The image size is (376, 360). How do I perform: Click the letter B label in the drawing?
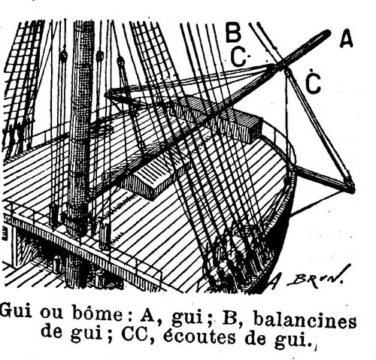pyautogui.click(x=233, y=32)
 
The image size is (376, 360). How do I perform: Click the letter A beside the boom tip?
pyautogui.click(x=347, y=39)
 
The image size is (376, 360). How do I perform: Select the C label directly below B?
pyautogui.click(x=238, y=57)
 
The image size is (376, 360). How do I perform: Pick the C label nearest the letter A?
pyautogui.click(x=314, y=83)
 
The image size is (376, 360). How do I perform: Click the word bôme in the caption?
pyautogui.click(x=101, y=314)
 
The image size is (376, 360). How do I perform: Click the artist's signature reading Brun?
pyautogui.click(x=315, y=278)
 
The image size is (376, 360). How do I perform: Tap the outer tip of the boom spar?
pyautogui.click(x=329, y=32)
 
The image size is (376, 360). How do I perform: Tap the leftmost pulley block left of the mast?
pyautogui.click(x=64, y=55)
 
